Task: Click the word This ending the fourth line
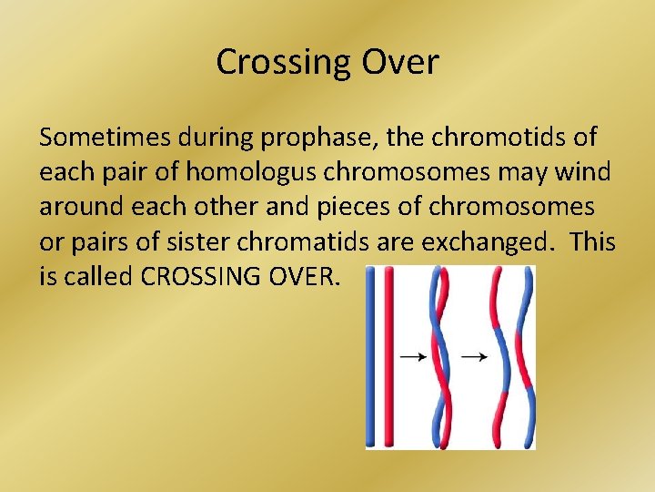pyautogui.click(x=593, y=242)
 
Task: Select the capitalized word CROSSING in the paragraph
pyautogui.click(x=203, y=277)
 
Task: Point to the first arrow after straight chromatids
pyautogui.click(x=415, y=357)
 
